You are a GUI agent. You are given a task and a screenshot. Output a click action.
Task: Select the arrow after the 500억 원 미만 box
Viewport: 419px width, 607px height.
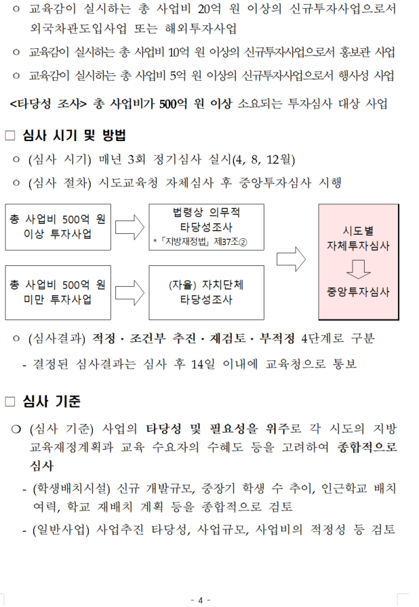tap(130, 292)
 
